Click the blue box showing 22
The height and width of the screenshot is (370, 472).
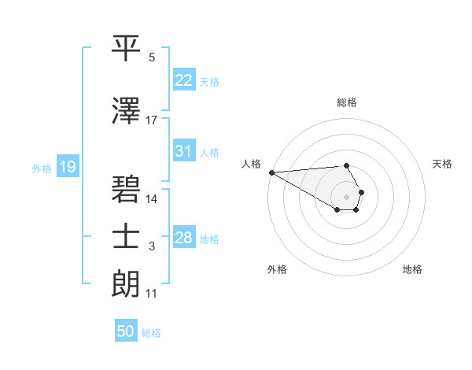pos(184,80)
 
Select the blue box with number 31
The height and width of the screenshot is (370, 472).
pos(184,151)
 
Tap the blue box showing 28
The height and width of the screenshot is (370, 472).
pos(184,238)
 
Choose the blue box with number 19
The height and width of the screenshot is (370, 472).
pos(67,167)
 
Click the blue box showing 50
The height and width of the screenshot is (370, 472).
pos(126,331)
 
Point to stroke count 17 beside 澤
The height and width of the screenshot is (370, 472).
pos(152,120)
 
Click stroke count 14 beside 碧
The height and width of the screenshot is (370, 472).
pos(152,198)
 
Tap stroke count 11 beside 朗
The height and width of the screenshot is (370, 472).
pos(152,294)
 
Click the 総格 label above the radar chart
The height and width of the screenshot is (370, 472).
pos(347,102)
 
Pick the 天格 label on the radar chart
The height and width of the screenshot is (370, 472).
pos(443,164)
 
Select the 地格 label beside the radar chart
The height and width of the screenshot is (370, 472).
pos(412,269)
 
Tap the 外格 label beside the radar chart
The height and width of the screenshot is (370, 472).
pos(277,269)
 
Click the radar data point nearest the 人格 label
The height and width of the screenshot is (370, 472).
pos(271,172)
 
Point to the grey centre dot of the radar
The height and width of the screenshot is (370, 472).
pos(347,196)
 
